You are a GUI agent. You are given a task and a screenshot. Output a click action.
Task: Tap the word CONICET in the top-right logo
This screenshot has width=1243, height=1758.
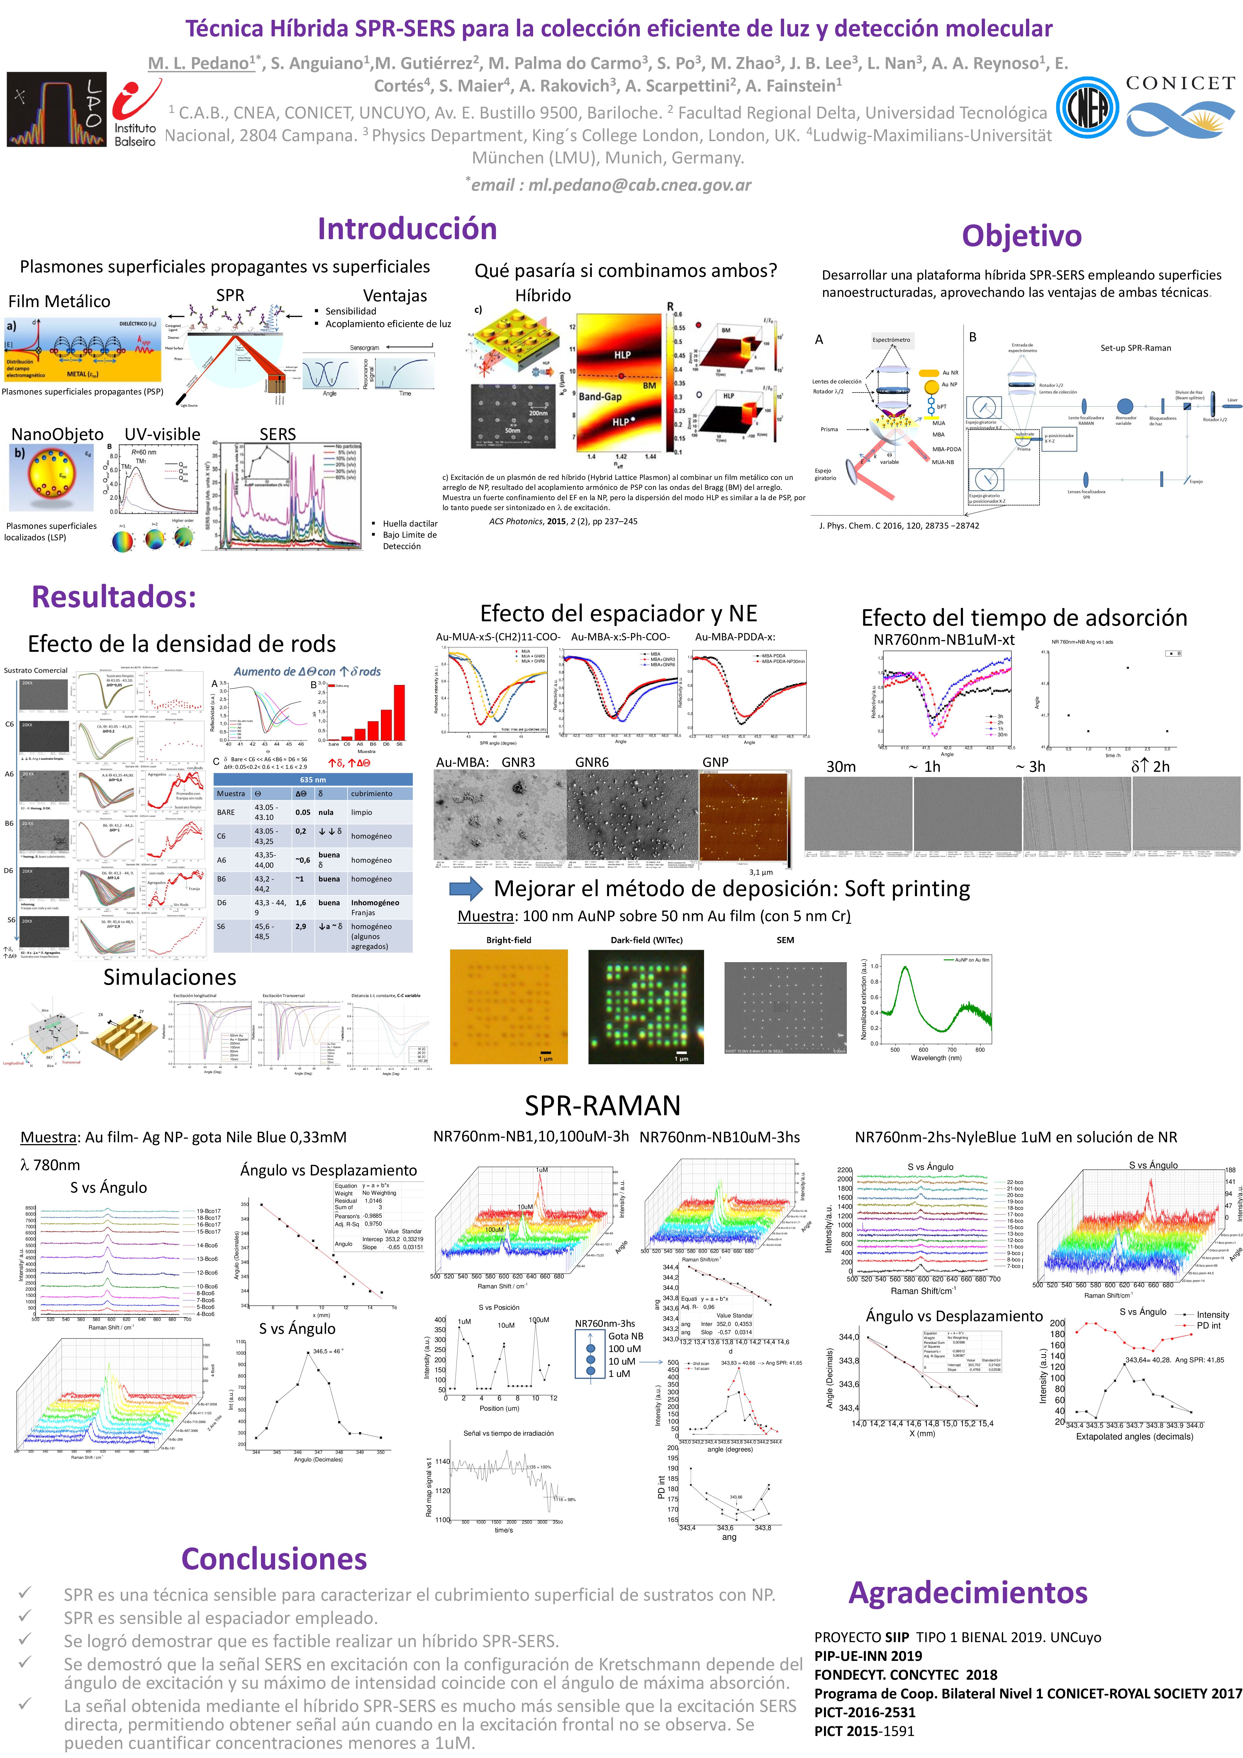[x=1179, y=84]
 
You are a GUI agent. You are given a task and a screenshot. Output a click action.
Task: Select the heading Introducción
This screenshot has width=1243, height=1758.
[x=407, y=229]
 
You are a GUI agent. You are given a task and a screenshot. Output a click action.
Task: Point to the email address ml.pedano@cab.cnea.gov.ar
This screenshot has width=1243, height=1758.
[x=611, y=185]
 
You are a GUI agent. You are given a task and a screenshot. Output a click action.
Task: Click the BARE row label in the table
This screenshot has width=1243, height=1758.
[x=226, y=812]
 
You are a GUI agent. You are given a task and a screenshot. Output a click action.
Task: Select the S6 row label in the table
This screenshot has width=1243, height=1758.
[x=221, y=926]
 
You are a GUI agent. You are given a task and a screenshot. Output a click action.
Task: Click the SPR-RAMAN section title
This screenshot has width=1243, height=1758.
[x=602, y=1106]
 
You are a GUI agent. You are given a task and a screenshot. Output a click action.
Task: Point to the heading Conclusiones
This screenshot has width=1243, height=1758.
[x=274, y=1559]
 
